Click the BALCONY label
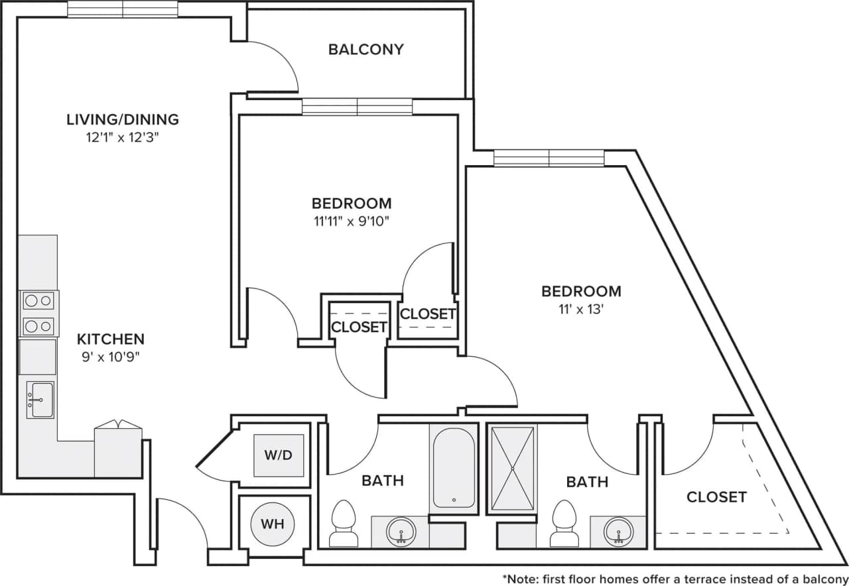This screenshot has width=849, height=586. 365,50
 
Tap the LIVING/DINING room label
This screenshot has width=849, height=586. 123,120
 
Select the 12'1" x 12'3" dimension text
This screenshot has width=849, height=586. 123,138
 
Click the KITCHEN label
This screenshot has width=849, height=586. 111,339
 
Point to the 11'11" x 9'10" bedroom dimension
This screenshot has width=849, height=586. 351,221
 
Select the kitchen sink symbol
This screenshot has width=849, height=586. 40,400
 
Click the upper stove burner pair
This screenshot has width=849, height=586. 38,301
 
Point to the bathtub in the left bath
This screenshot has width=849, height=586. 454,467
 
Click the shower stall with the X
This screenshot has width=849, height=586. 511,469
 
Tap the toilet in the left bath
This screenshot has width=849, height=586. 343,524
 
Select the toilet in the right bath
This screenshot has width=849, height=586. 564,524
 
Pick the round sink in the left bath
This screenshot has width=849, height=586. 401,531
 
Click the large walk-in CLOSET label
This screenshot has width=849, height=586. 716,497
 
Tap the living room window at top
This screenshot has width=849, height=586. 123,9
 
